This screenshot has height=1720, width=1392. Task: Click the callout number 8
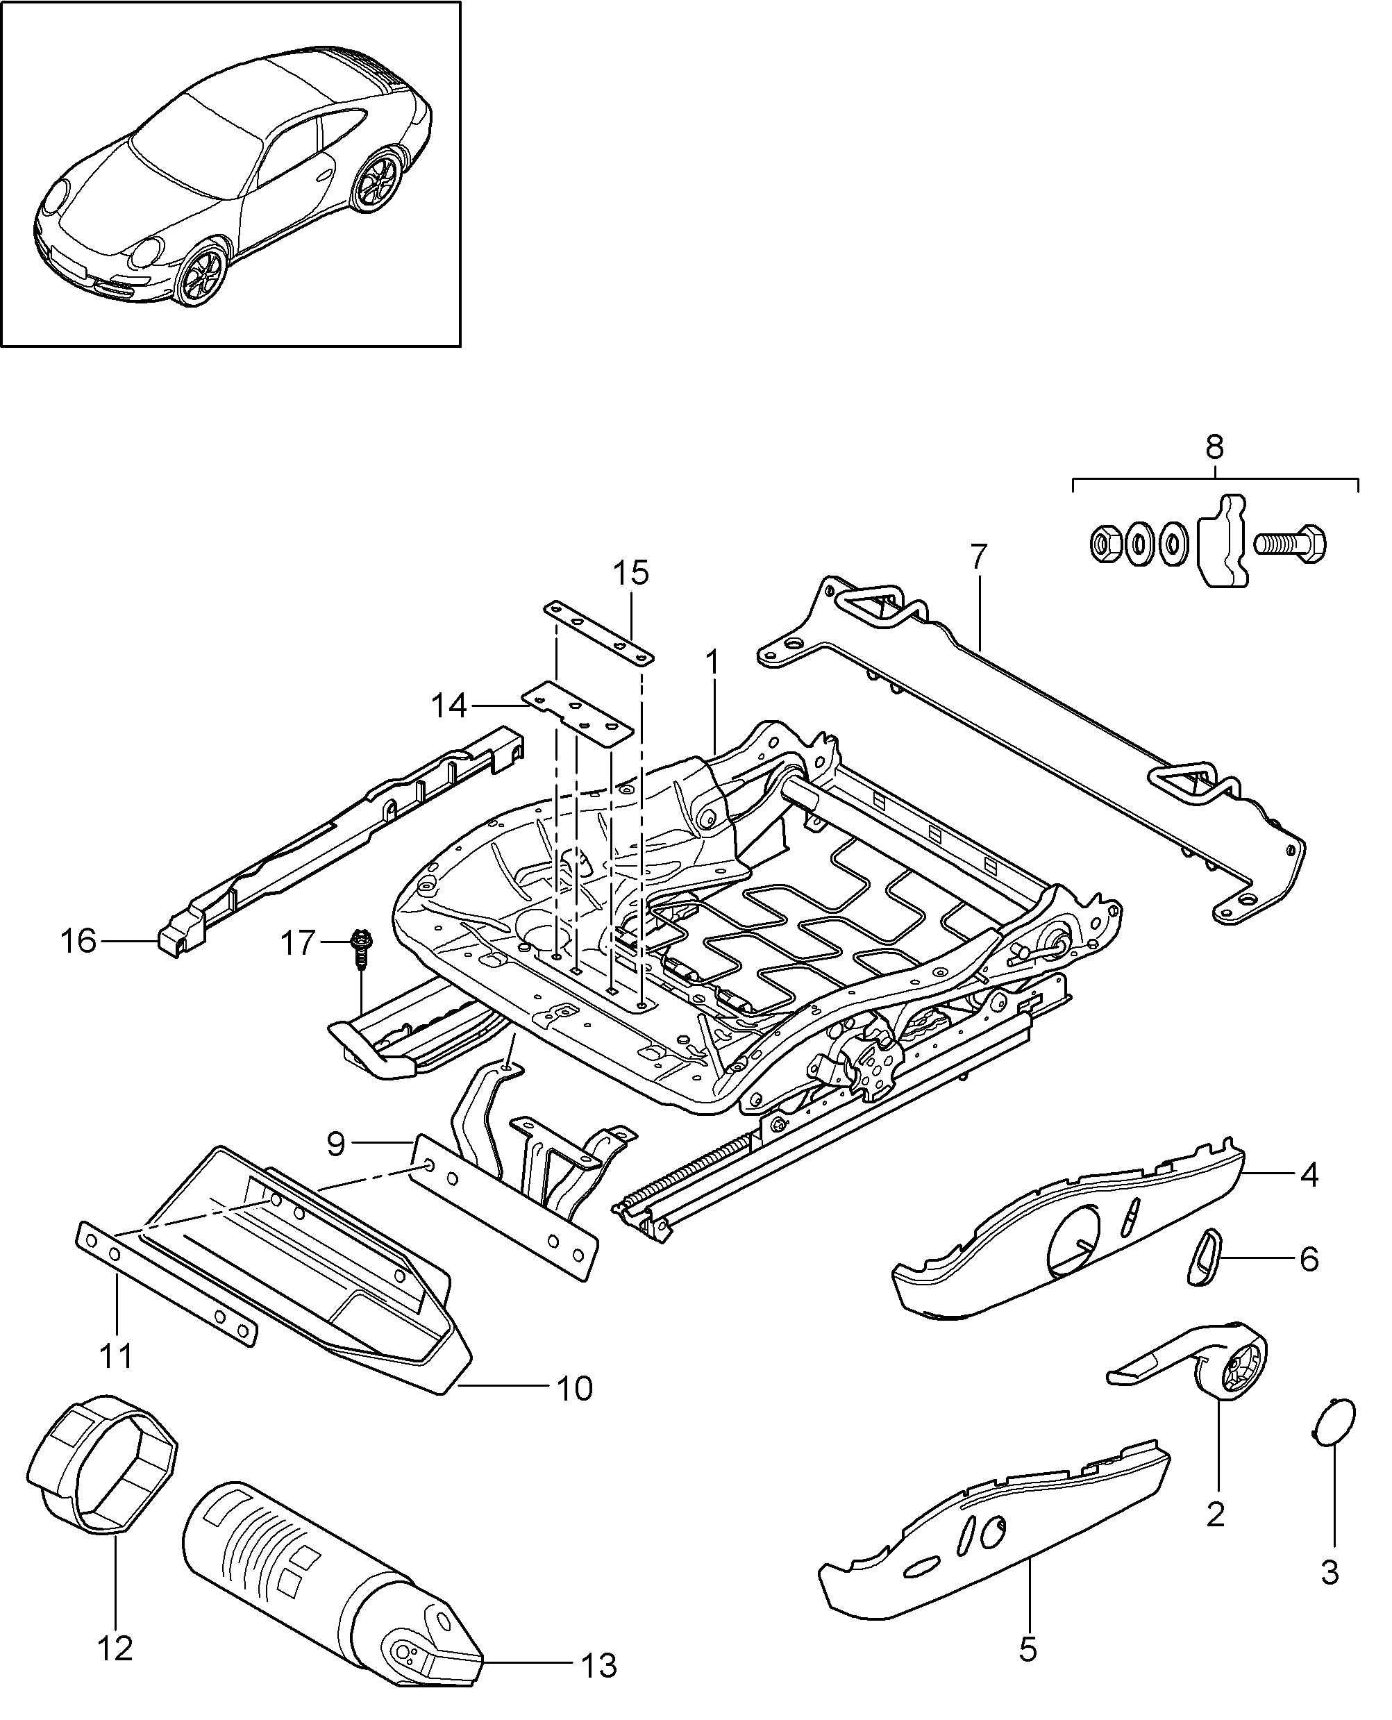(x=1215, y=447)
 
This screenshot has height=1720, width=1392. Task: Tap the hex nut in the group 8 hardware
(x=1104, y=545)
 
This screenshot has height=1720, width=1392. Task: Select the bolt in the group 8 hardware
(x=1290, y=544)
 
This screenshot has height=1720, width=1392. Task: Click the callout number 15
(x=631, y=574)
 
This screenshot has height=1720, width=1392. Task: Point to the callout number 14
(x=449, y=705)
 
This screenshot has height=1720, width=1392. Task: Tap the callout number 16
(x=78, y=941)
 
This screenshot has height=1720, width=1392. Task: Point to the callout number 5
(x=1028, y=1648)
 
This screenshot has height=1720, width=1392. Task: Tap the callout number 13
(x=599, y=1665)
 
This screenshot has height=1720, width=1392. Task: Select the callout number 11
(x=116, y=1356)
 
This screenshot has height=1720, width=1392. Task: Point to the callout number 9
(x=336, y=1144)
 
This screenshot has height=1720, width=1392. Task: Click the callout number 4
(x=1309, y=1175)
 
